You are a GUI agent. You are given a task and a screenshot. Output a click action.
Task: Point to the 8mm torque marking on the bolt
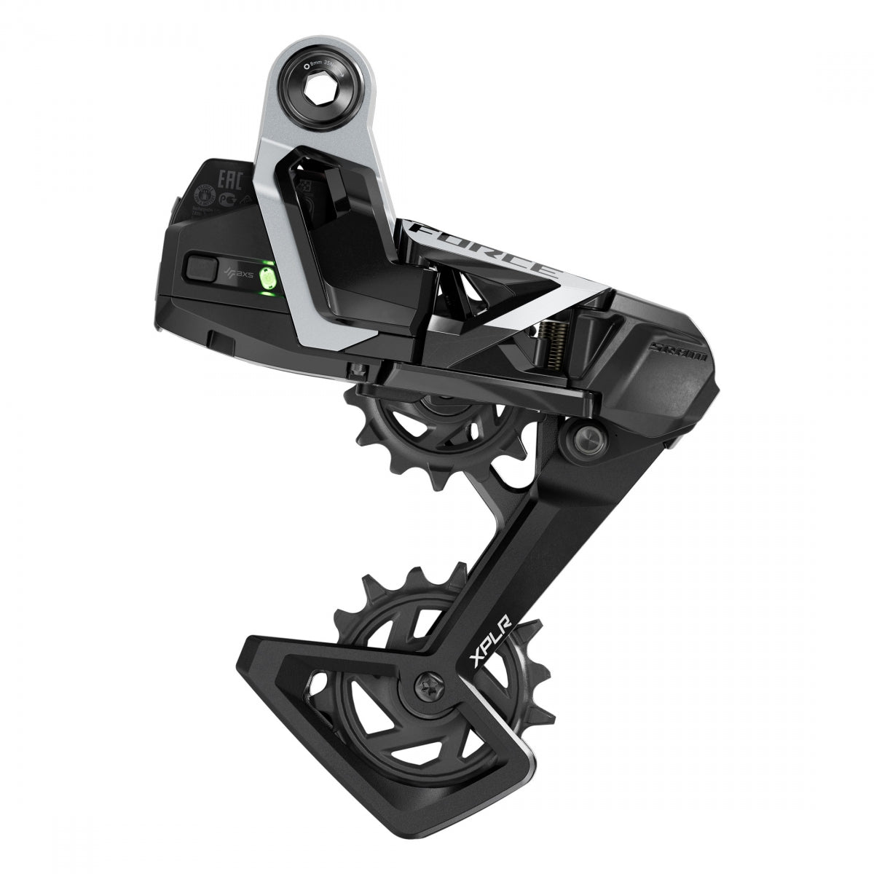tap(324, 63)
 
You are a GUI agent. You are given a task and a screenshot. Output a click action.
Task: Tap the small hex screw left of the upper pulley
tap(356, 369)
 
